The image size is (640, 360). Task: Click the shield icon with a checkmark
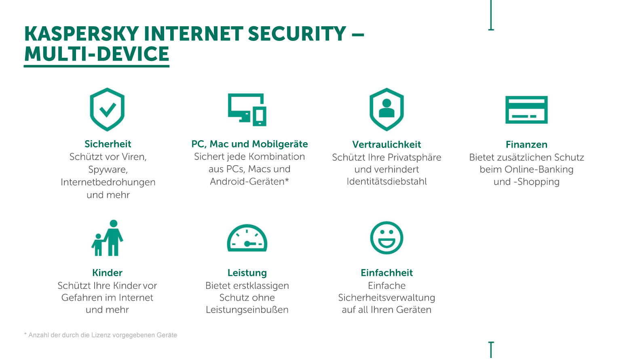107,109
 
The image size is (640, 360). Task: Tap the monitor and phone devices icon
247,109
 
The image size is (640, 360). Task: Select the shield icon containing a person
387,109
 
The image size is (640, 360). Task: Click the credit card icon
526,110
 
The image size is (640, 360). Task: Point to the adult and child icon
108,238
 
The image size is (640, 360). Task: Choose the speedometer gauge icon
247,238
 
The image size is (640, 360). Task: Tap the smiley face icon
387,238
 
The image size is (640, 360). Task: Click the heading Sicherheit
108,144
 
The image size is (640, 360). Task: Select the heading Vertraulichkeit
387,145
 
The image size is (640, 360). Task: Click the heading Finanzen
526,145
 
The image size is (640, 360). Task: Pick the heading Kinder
107,273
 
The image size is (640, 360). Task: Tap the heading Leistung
247,273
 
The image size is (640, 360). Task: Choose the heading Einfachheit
387,273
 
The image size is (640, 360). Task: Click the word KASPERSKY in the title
81,34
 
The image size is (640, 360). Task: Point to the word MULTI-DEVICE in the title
97,54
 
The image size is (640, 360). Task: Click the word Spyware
108,170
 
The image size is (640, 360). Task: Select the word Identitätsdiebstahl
387,181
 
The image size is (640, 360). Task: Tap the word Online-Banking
539,170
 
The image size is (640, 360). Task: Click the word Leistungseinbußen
247,310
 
